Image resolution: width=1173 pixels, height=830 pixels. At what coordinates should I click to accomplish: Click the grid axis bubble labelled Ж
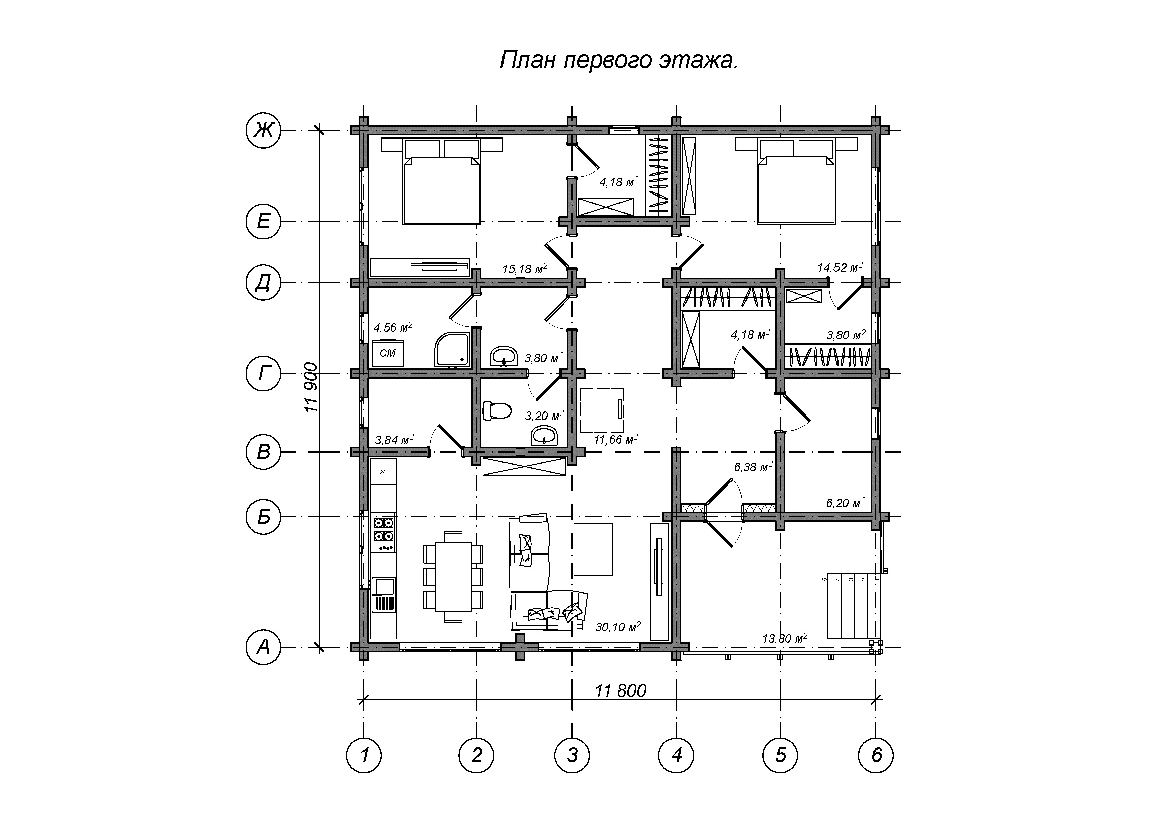263,131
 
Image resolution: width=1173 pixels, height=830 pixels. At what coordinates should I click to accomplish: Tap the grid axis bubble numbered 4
677,755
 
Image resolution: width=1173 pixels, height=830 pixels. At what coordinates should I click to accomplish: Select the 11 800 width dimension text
621,691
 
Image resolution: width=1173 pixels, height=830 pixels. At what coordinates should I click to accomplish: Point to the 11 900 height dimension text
311,388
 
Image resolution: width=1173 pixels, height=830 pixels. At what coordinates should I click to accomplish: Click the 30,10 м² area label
618,627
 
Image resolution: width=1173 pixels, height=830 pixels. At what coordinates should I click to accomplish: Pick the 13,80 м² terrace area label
785,638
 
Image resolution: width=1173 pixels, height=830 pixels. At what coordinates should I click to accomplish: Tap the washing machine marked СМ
388,353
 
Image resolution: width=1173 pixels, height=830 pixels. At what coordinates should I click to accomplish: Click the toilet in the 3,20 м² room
496,410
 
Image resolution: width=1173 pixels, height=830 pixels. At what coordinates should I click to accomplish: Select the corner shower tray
451,350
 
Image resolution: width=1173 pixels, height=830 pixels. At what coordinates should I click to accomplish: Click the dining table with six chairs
453,577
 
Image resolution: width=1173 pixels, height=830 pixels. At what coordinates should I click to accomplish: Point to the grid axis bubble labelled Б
263,517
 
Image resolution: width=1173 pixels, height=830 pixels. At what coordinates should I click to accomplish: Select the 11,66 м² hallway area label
616,439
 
